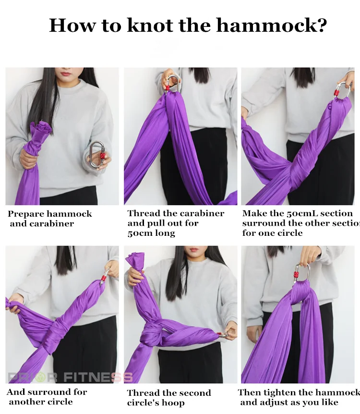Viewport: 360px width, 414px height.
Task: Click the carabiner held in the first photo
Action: click(97, 154)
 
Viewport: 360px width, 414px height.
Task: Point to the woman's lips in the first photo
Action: click(66, 73)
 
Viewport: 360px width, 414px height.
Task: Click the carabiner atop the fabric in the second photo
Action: click(173, 84)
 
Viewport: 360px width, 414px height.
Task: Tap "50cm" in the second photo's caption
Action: click(139, 233)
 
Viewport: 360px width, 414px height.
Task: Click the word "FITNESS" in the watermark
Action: click(98, 377)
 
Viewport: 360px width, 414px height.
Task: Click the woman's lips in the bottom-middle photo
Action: click(194, 251)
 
